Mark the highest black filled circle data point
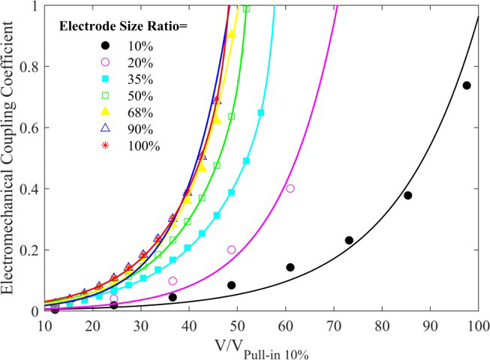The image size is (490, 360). [x=466, y=85]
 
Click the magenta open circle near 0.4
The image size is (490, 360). [x=290, y=188]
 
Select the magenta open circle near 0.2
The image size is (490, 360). [x=231, y=250]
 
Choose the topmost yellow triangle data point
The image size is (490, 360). [x=231, y=34]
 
